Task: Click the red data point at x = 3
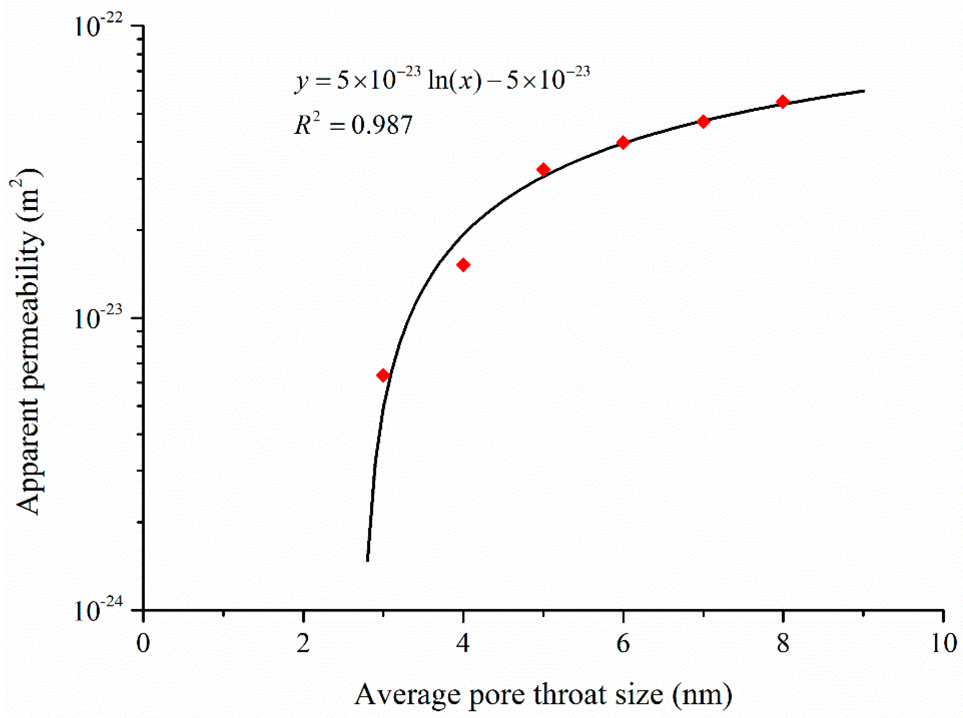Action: pyautogui.click(x=383, y=375)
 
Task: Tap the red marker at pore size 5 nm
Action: pyautogui.click(x=543, y=170)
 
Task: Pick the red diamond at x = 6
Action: pyautogui.click(x=623, y=143)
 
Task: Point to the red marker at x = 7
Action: pyautogui.click(x=703, y=121)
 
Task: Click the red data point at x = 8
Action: pyautogui.click(x=783, y=102)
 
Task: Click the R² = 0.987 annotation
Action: pyautogui.click(x=353, y=125)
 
